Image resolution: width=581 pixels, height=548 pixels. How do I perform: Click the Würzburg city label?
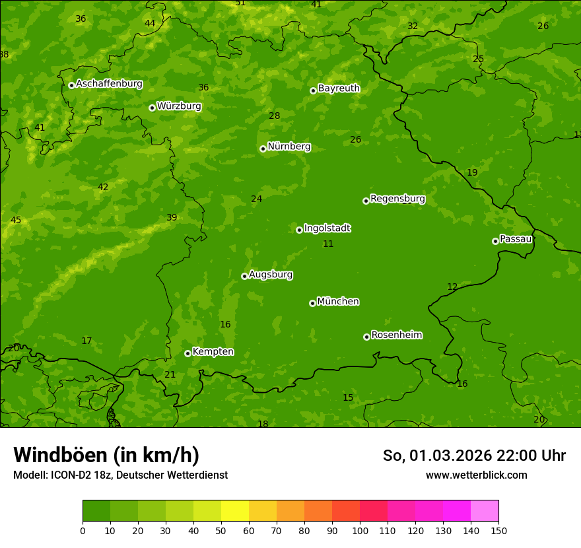point(179,106)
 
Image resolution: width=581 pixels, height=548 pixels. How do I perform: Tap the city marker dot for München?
point(312,303)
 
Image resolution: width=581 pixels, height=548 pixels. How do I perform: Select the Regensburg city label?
point(397,199)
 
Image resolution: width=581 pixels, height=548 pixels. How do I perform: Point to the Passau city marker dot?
point(495,241)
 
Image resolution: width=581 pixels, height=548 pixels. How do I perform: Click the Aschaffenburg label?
point(109,84)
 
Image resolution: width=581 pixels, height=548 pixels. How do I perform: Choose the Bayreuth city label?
point(339,88)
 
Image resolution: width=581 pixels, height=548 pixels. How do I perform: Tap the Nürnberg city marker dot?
point(263,149)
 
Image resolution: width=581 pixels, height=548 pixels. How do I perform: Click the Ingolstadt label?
point(327,228)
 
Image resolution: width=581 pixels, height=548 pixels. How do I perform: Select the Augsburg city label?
point(271,275)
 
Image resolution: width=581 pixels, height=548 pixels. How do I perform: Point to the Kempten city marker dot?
point(188,353)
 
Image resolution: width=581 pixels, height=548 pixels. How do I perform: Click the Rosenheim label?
point(396,335)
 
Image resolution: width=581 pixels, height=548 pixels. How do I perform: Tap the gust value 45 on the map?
point(16,221)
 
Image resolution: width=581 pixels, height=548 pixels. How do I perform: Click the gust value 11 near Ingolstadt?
point(328,244)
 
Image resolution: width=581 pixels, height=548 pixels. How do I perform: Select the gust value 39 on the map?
point(172,218)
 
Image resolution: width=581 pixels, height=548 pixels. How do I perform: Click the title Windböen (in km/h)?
point(106,455)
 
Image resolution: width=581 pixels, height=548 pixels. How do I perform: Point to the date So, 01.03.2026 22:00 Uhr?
point(474,456)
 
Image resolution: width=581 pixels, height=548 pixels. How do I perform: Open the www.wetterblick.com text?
point(476,475)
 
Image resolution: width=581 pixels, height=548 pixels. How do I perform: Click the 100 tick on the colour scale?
point(360,530)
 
